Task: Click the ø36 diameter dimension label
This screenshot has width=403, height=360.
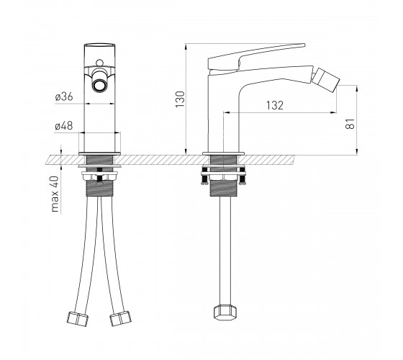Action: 64,96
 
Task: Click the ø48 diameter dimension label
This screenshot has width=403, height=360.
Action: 64,126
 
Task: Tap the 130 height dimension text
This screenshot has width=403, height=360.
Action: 180,99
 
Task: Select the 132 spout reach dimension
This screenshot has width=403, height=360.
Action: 275,105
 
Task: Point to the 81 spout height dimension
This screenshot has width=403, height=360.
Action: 350,124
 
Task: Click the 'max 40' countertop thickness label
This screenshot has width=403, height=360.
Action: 55,194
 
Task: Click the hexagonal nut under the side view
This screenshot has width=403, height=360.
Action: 225,312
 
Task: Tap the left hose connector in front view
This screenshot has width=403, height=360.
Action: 78,319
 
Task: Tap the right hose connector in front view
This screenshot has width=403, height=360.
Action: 120,318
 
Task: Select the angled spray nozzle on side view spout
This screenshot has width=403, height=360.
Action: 327,78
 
